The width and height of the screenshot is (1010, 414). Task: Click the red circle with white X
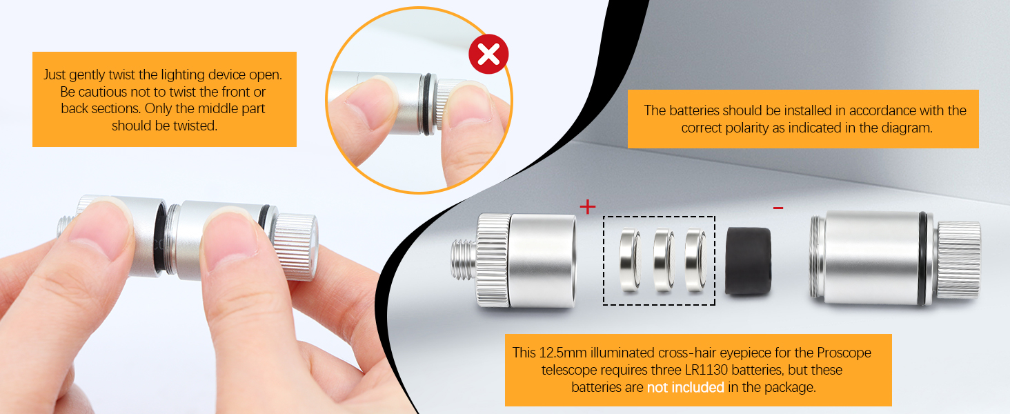[x=488, y=54]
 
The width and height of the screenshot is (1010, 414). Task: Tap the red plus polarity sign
[x=588, y=207]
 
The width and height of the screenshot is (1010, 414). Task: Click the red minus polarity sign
[x=778, y=208]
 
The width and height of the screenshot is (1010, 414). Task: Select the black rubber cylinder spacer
[x=748, y=261]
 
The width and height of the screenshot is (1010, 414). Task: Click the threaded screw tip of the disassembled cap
[x=464, y=259]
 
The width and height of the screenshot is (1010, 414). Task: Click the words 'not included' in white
[x=685, y=387]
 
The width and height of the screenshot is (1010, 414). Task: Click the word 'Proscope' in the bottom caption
[x=844, y=353]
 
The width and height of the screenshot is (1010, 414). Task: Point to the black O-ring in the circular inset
[x=426, y=104]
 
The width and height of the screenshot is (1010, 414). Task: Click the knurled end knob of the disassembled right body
[x=958, y=259]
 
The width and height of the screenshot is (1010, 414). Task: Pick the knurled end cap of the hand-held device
[x=296, y=247]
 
